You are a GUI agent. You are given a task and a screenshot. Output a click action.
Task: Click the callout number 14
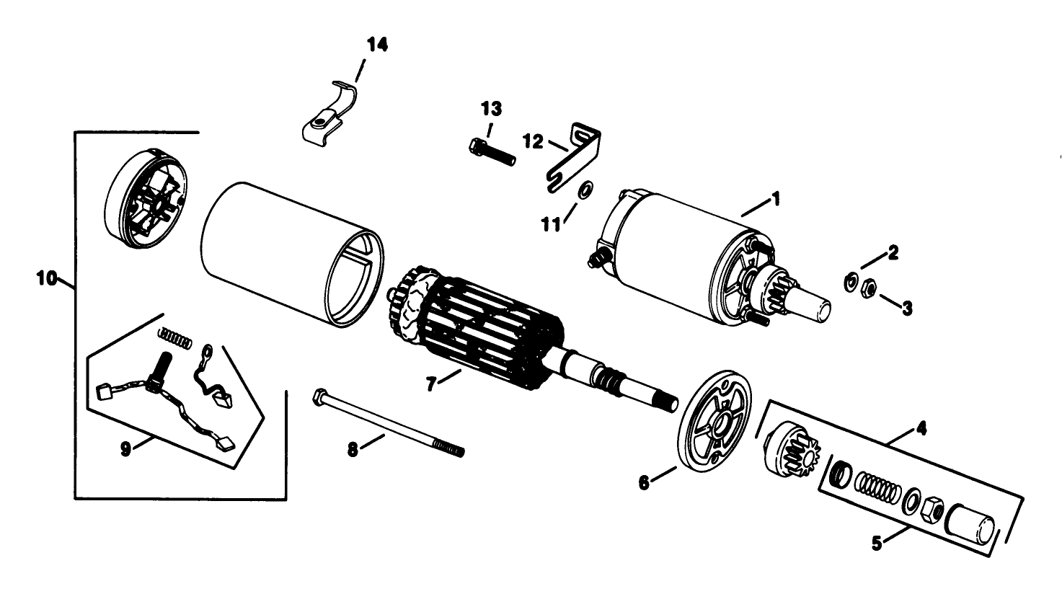pos(377,45)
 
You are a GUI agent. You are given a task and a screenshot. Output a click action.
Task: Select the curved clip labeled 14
pos(328,115)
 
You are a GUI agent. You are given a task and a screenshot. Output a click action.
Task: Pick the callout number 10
pos(47,278)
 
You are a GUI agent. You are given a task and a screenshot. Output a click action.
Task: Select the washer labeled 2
pos(851,280)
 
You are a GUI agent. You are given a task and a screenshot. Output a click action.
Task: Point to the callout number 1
pos(776,198)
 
